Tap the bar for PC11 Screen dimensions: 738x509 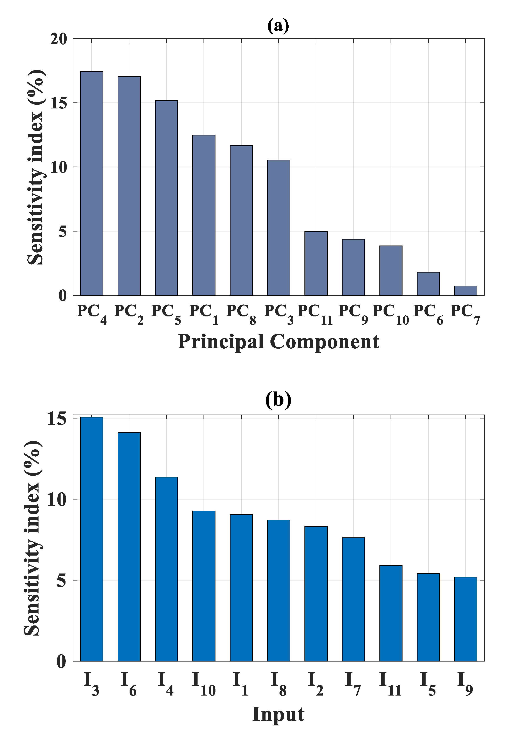tap(316, 263)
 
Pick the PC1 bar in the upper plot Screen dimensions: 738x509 tap(204, 215)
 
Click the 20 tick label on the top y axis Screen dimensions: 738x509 tap(59, 39)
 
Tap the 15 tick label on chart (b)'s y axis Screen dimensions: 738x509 tap(57, 419)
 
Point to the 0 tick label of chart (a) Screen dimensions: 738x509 tap(62, 296)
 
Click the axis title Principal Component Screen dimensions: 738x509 tap(278, 342)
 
